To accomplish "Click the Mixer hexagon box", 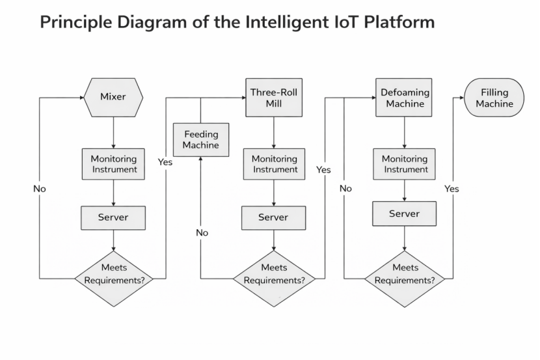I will tap(113, 98).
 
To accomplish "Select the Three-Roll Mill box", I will tap(273, 98).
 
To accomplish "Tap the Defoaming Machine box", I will tap(405, 98).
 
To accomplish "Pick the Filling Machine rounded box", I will tap(494, 98).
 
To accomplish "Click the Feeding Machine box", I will tap(200, 139).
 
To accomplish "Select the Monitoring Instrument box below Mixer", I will tap(114, 164).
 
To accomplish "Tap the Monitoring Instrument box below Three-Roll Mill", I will tap(274, 164).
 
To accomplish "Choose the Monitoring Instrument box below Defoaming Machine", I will tap(405, 164).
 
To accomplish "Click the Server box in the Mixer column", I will tap(113, 217).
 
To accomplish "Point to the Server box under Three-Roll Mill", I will tap(273, 217).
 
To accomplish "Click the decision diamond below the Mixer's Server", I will tap(114, 274).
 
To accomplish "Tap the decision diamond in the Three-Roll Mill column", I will tap(274, 274).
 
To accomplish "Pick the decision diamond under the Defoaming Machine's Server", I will tap(405, 274).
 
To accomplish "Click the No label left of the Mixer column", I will tap(40, 189).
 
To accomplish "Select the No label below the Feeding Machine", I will tap(202, 232).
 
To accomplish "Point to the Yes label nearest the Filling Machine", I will tap(452, 189).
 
